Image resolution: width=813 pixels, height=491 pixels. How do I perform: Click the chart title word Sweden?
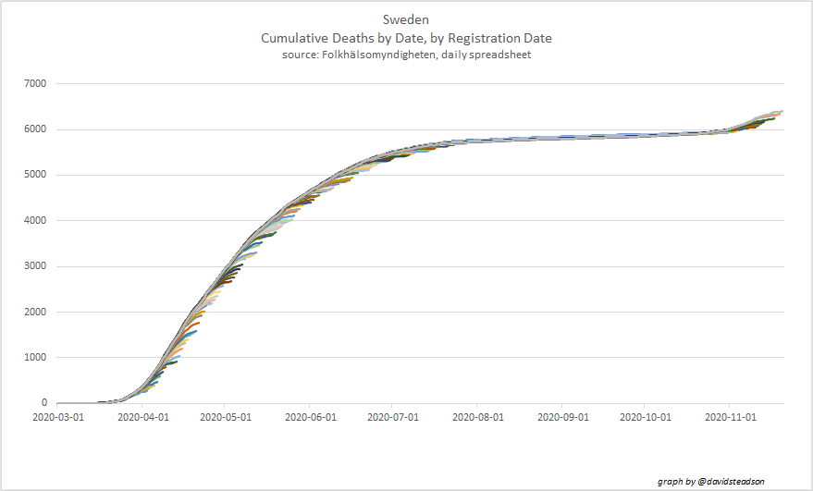[406, 19]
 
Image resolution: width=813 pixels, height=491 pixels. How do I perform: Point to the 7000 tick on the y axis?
[34, 84]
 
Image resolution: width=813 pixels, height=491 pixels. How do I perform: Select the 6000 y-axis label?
[34, 129]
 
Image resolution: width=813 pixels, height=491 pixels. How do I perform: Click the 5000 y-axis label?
[34, 175]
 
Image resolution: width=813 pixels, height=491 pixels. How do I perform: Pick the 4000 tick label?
[34, 221]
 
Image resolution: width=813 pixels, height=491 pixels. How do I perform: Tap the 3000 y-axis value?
[34, 266]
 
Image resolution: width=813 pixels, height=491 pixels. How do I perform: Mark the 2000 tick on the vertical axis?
[34, 312]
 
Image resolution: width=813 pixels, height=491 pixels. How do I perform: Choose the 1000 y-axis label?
[34, 358]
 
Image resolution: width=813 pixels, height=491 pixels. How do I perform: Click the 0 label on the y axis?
[43, 403]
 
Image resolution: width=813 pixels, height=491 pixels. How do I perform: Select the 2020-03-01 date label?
[56, 417]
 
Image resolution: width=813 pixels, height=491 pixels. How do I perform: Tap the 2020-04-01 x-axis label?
[141, 417]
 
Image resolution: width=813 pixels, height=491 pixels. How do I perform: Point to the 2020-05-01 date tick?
[225, 417]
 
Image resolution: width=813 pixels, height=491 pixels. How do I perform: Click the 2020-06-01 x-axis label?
[309, 417]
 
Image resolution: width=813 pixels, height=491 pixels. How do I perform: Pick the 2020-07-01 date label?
[392, 417]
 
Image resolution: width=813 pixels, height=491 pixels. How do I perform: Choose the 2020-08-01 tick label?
[477, 417]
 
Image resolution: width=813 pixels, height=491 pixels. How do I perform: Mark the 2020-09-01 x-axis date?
[561, 417]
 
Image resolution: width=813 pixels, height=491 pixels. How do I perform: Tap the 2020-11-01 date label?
[730, 417]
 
